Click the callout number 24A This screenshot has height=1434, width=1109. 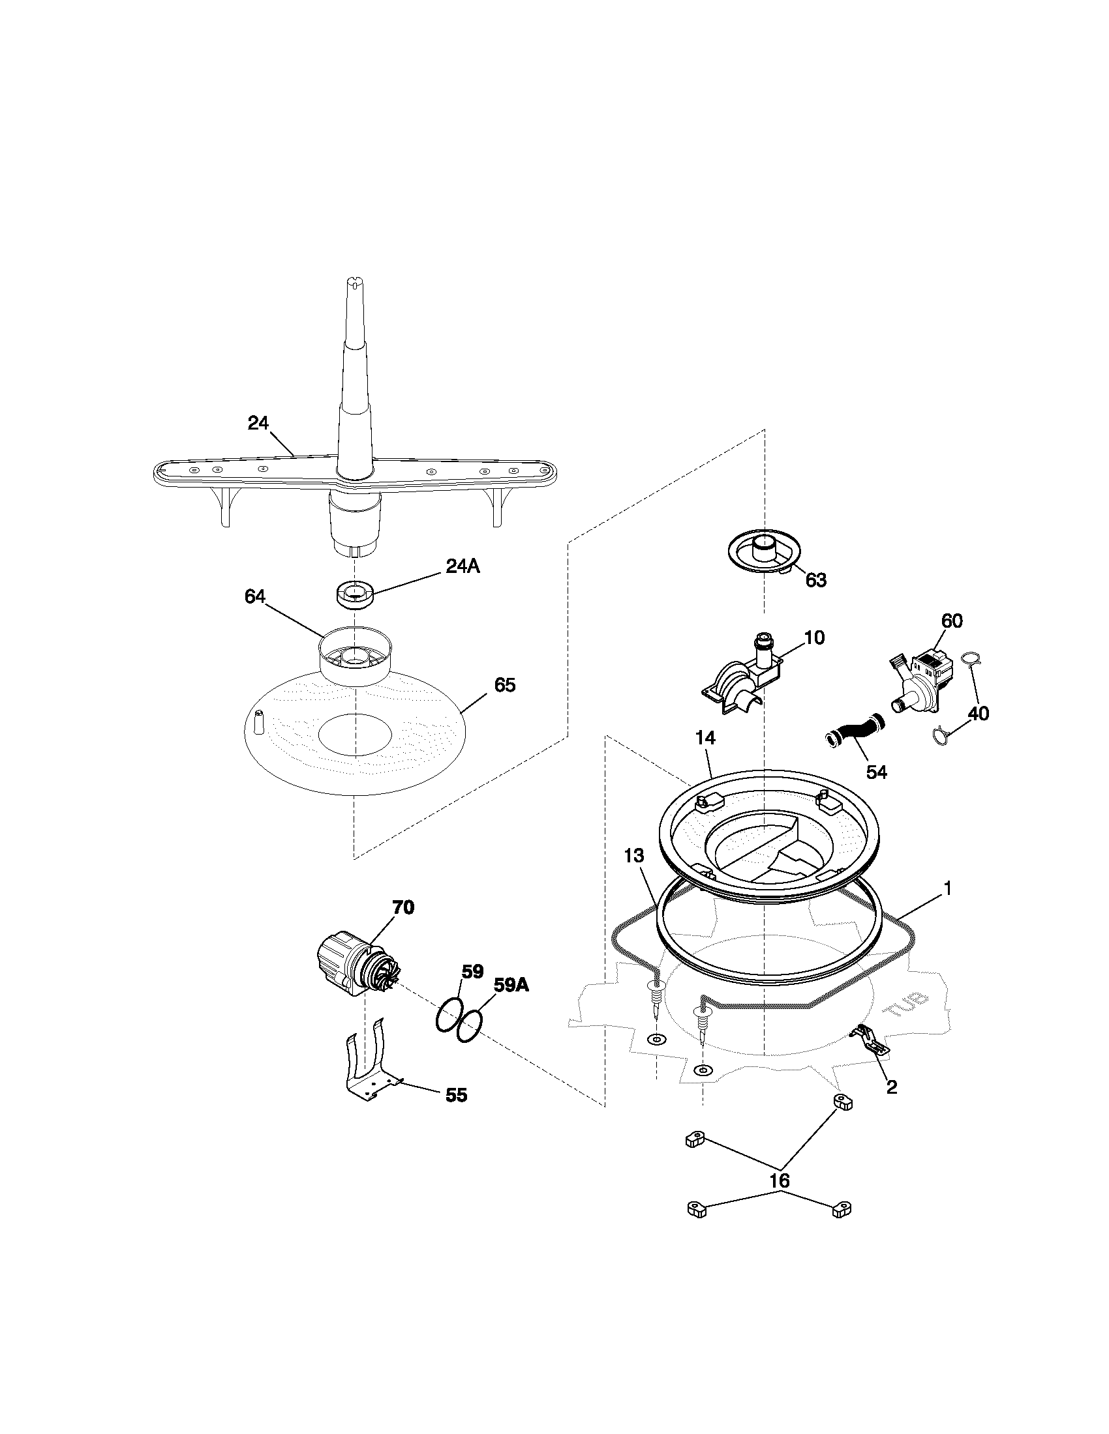coord(463,566)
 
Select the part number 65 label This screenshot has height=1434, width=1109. coord(504,685)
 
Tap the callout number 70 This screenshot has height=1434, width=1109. coord(403,907)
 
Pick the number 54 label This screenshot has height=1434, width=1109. coord(876,772)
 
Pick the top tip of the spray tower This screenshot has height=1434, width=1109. coord(354,284)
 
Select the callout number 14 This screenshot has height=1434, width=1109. coord(705,738)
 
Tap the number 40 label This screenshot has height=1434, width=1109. coord(979,713)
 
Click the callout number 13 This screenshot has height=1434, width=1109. coord(634,856)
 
